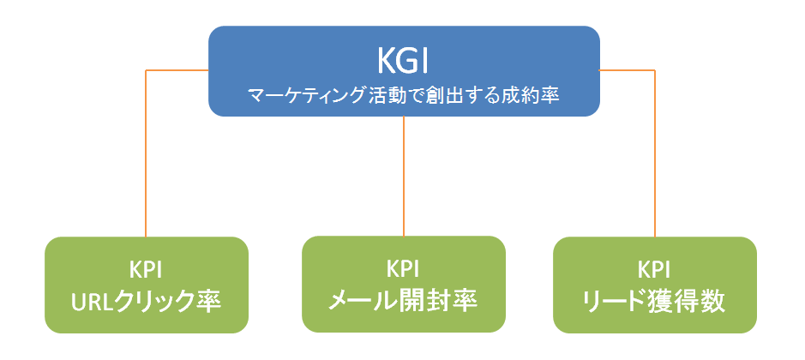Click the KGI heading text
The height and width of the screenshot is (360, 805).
tap(403, 61)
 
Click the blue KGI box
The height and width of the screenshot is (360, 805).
tap(404, 71)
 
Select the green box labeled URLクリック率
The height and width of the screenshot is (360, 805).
tap(147, 285)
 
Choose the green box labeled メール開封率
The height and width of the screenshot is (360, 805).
tap(404, 285)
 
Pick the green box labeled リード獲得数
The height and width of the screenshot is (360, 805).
tap(655, 285)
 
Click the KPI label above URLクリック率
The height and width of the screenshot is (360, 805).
tap(146, 270)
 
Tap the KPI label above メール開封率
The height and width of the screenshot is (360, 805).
tap(403, 269)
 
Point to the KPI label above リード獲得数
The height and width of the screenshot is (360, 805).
tap(655, 270)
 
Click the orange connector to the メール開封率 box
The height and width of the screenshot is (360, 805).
tap(404, 177)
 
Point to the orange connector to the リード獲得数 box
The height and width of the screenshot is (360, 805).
tap(655, 153)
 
